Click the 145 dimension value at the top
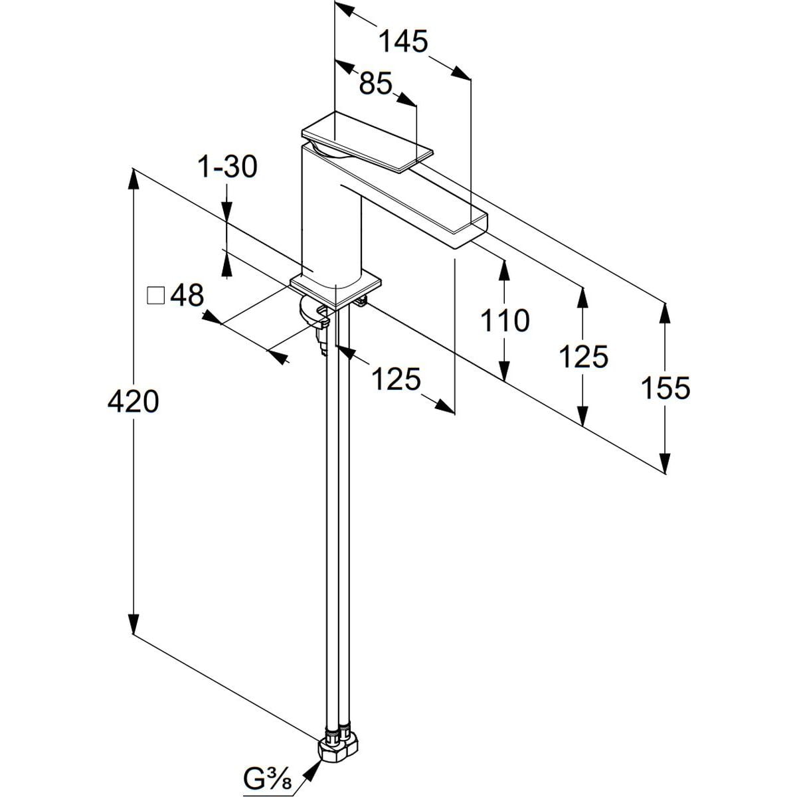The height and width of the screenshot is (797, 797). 402,42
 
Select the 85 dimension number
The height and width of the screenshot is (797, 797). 377,84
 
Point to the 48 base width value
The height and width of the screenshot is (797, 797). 188,295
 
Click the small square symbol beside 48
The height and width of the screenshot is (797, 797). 155,295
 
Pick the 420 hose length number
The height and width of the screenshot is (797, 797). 133,402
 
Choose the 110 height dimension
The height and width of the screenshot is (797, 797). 505,321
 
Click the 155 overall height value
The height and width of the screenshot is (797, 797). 665,387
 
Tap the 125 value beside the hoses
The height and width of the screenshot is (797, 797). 396,379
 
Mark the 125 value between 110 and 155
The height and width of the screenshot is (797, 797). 583,357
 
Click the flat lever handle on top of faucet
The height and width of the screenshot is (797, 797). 365,141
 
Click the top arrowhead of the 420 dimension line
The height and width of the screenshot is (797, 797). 133,179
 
